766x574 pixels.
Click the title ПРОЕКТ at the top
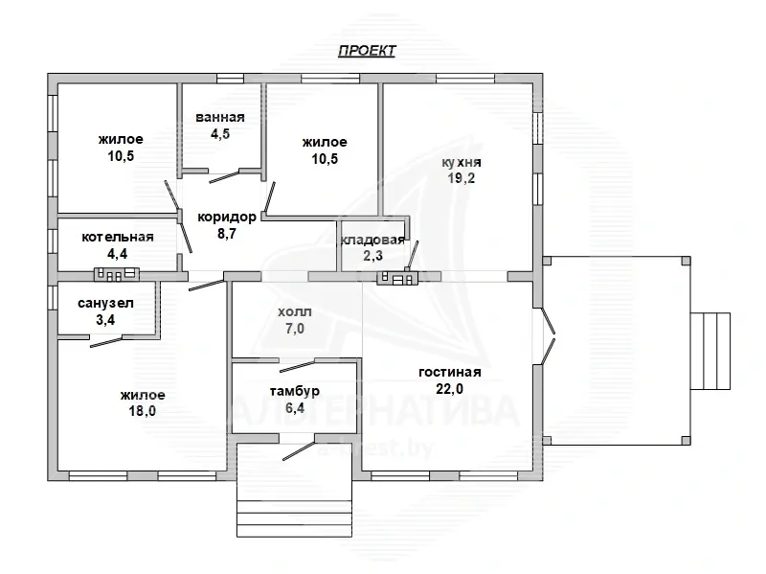click(367, 51)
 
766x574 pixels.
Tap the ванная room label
click(220, 117)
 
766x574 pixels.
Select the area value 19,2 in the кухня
click(462, 178)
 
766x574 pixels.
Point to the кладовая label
click(372, 240)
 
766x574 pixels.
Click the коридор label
click(227, 217)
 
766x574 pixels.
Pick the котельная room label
click(118, 237)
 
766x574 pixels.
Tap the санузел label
click(105, 303)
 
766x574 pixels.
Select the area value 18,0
click(142, 411)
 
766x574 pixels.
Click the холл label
click(295, 312)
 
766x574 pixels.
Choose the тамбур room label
click(295, 391)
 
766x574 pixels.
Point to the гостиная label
click(450, 372)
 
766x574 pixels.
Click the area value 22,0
click(449, 389)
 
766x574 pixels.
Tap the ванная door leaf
click(224, 177)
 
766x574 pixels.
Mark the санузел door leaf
click(106, 342)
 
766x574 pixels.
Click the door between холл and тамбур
click(298, 366)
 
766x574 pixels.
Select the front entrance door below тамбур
click(299, 450)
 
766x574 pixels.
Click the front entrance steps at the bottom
click(295, 513)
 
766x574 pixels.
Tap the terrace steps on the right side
click(710, 351)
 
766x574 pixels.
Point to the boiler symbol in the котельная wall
click(117, 274)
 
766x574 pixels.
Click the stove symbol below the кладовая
click(397, 277)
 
